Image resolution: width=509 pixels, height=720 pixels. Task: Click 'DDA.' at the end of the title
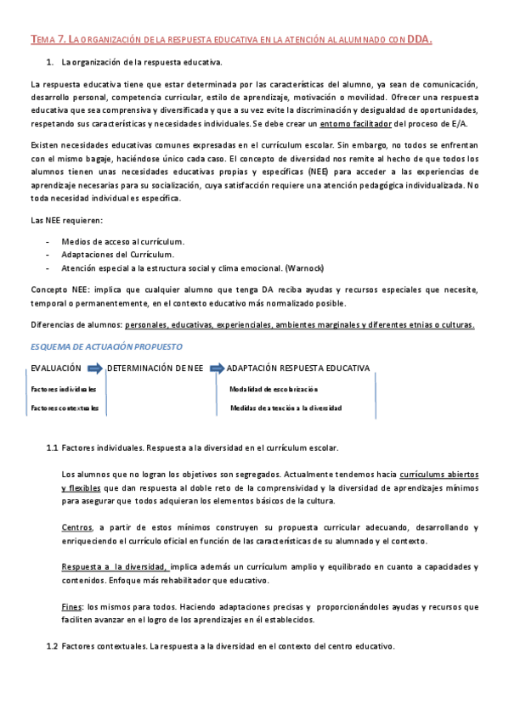tap(419, 39)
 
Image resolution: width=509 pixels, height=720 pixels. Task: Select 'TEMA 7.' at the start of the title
tap(47, 39)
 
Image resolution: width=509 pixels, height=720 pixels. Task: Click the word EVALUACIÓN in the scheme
tap(56, 368)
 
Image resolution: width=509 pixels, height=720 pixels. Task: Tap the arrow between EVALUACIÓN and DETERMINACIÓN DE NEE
tap(94, 368)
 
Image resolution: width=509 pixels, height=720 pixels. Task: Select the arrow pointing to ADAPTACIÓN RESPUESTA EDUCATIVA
tap(215, 368)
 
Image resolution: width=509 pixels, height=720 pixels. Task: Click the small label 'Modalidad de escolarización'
tap(273, 388)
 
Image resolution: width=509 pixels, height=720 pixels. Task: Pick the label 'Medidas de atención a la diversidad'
tap(286, 408)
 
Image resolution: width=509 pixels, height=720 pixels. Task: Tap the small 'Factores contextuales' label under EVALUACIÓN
tap(65, 408)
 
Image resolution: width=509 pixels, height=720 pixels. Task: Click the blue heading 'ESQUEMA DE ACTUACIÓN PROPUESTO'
tap(106, 346)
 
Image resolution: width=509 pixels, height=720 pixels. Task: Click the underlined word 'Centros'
tap(77, 527)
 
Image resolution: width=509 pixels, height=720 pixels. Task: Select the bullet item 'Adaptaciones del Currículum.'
tap(118, 254)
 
